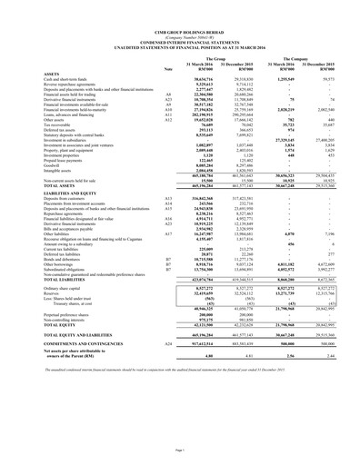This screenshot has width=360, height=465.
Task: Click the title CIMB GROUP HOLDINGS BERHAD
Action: pos(180,11)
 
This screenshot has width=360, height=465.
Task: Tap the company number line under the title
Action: pos(180,16)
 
